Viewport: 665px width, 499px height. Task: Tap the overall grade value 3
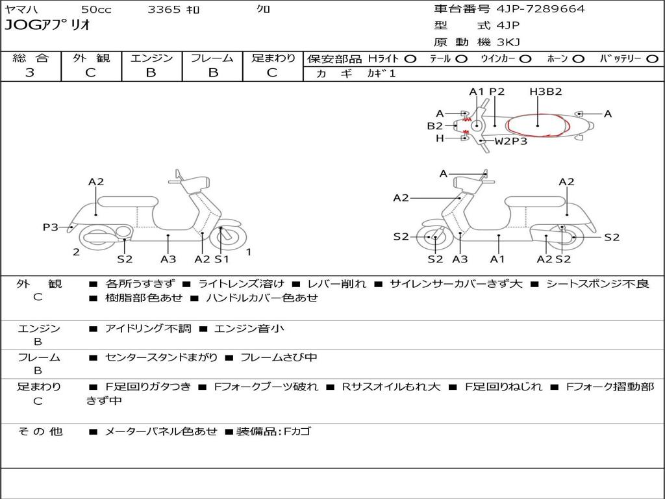pyautogui.click(x=30, y=73)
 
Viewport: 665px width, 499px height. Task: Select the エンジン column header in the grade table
pyautogui.click(x=151, y=58)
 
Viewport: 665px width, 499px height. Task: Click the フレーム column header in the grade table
pyautogui.click(x=212, y=58)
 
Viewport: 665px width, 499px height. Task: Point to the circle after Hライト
pyautogui.click(x=410, y=58)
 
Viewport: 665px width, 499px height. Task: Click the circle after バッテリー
pyautogui.click(x=652, y=58)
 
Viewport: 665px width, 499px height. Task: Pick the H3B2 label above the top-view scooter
pyautogui.click(x=546, y=92)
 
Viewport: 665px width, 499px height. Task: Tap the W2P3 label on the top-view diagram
pyautogui.click(x=511, y=140)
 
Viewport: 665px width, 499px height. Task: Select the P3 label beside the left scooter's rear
pyautogui.click(x=50, y=227)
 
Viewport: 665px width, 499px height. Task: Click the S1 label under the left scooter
pyautogui.click(x=221, y=259)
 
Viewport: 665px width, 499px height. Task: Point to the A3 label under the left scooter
pyautogui.click(x=168, y=259)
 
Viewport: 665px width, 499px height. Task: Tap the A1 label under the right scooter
pyautogui.click(x=497, y=259)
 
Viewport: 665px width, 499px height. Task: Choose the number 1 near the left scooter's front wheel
pyautogui.click(x=249, y=251)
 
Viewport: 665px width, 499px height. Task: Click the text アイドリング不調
pyautogui.click(x=148, y=329)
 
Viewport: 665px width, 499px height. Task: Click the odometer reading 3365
pyautogui.click(x=164, y=9)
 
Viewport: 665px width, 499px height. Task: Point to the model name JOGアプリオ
pyautogui.click(x=47, y=25)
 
